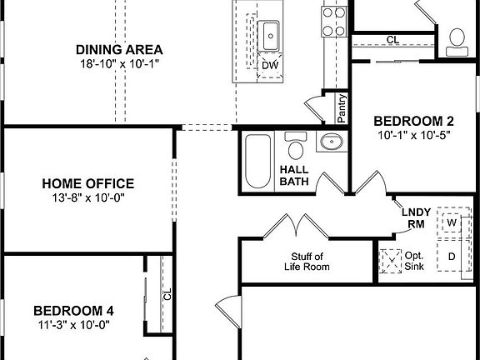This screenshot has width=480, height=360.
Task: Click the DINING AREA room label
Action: coord(118,48)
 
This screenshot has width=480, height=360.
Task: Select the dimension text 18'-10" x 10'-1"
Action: coord(118,64)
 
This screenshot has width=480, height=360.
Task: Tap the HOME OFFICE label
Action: coord(88,183)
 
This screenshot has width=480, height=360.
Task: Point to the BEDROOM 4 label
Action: coord(74,311)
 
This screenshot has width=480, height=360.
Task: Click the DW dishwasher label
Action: coord(270,66)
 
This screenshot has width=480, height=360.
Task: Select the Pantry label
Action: coord(341,107)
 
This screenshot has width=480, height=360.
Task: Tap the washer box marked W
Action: coord(452,224)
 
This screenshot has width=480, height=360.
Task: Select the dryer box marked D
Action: coord(452,257)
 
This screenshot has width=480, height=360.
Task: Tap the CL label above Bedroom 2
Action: coord(392,40)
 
